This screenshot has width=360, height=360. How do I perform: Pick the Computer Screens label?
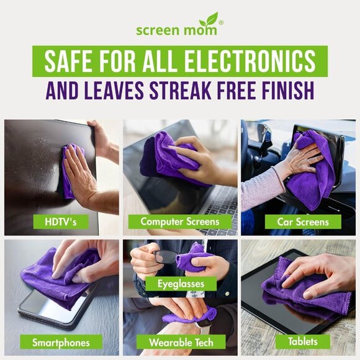[179, 221]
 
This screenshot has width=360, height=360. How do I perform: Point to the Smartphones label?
[61, 342]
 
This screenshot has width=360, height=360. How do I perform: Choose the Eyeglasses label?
[181, 284]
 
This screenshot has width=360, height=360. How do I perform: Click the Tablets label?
[302, 341]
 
